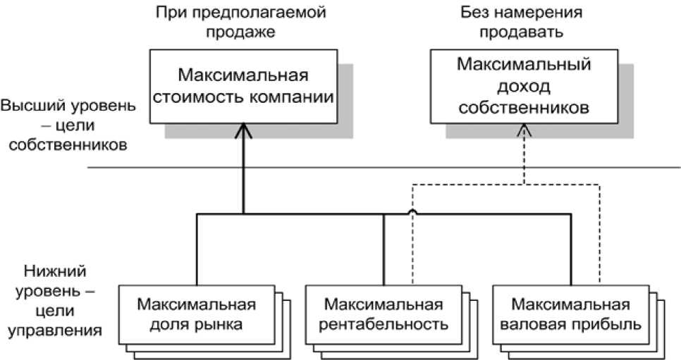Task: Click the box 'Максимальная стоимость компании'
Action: pos(244,87)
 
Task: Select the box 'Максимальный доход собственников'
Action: pos(524,87)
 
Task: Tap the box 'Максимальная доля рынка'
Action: pos(197,315)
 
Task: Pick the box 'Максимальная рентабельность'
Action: pos(384,315)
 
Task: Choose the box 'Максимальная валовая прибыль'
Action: pos(571,315)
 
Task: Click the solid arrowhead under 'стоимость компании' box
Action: pos(244,131)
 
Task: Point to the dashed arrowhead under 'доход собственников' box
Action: pos(524,130)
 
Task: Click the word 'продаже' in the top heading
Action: pos(240,32)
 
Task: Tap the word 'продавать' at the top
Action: pos(521,32)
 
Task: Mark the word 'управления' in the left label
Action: pos(55,331)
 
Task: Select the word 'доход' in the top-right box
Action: pos(524,87)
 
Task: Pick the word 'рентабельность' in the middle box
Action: pos(384,324)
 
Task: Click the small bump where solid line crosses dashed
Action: pos(412,212)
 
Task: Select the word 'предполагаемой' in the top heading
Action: pos(257,13)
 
